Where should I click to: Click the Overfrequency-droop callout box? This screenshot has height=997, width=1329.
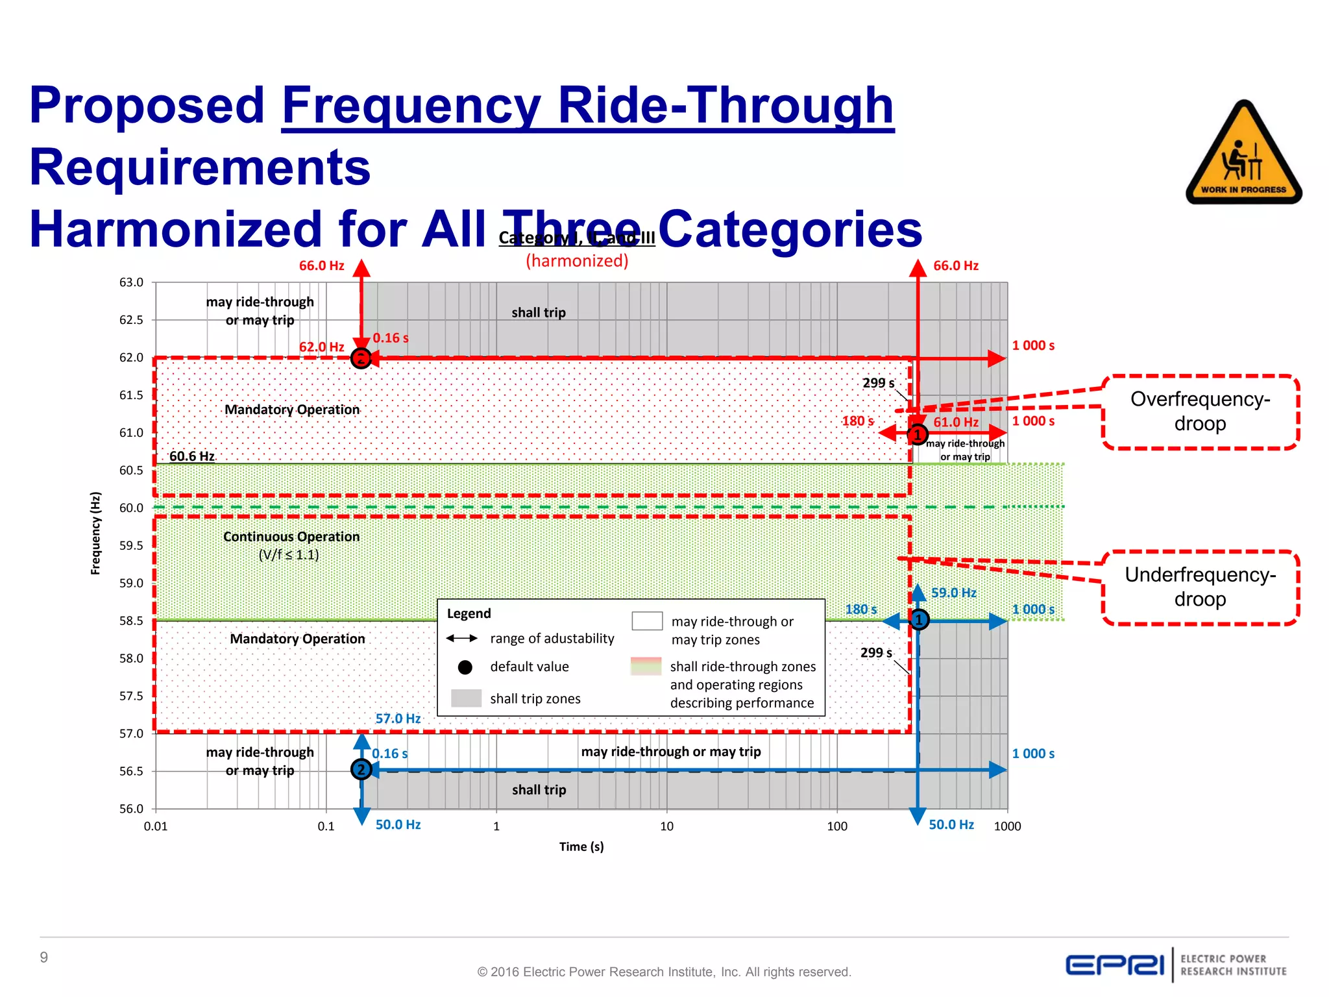1200,412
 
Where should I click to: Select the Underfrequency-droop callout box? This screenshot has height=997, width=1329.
1200,587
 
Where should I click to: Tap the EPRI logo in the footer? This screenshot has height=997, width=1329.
1115,965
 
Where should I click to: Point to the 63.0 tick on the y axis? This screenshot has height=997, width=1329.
131,282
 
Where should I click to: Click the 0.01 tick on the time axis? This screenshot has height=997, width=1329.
156,826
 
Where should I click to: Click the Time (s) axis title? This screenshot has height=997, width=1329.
581,846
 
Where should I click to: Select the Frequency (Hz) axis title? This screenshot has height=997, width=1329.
96,533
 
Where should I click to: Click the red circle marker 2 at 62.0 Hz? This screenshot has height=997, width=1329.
361,358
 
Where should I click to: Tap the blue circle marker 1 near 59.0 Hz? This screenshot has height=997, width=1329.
919,620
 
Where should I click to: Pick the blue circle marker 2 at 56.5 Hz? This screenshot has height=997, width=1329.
361,770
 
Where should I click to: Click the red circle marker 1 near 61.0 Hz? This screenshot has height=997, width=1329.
917,434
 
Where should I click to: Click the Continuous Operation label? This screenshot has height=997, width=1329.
291,537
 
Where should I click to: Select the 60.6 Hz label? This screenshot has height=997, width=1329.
191,456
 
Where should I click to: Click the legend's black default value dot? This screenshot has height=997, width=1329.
465,667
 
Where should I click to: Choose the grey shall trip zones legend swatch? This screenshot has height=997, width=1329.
466,698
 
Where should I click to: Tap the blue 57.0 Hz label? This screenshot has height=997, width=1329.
398,719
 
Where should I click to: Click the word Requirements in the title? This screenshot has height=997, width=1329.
200,167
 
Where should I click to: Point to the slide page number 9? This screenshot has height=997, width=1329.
43,957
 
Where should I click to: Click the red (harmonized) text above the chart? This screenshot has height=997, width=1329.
577,261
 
